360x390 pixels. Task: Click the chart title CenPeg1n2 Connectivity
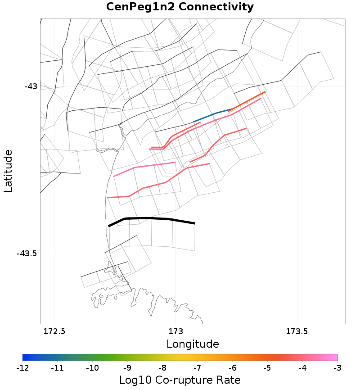tap(180, 7)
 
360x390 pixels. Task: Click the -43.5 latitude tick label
tap(27, 254)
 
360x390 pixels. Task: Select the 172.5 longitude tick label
tap(54, 332)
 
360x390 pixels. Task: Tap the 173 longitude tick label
tap(175, 332)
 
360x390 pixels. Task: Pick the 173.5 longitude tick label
tap(297, 332)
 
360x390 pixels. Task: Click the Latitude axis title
tap(8, 172)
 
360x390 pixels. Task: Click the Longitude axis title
tap(193, 345)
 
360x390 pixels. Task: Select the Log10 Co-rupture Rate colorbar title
tap(180, 380)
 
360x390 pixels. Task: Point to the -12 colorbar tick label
tap(22, 368)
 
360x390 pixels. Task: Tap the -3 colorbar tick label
tap(337, 368)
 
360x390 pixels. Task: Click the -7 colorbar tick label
tap(198, 368)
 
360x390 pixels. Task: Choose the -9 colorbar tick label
tap(127, 368)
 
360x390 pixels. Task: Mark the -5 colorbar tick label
tap(267, 368)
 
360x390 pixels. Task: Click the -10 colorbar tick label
tap(92, 368)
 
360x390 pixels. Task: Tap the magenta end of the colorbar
tap(335, 358)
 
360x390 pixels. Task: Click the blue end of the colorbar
tap(25, 358)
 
